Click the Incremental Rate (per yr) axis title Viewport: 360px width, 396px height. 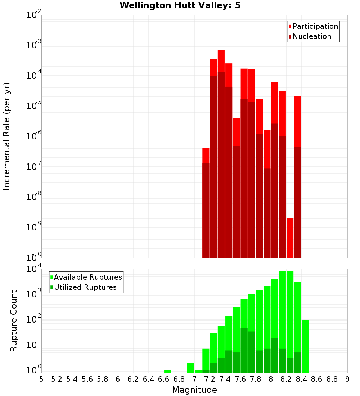point(6,136)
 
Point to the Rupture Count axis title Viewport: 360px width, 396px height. point(14,321)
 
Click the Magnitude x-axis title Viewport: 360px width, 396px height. point(194,390)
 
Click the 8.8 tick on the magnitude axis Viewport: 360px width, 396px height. point(332,379)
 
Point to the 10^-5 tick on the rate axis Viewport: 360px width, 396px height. point(33,106)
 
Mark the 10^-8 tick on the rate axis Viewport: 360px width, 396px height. point(33,197)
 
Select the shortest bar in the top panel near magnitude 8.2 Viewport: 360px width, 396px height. point(290,238)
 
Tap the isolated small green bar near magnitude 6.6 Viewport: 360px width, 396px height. point(167,371)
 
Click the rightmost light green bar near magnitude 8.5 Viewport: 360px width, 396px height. point(305,346)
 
